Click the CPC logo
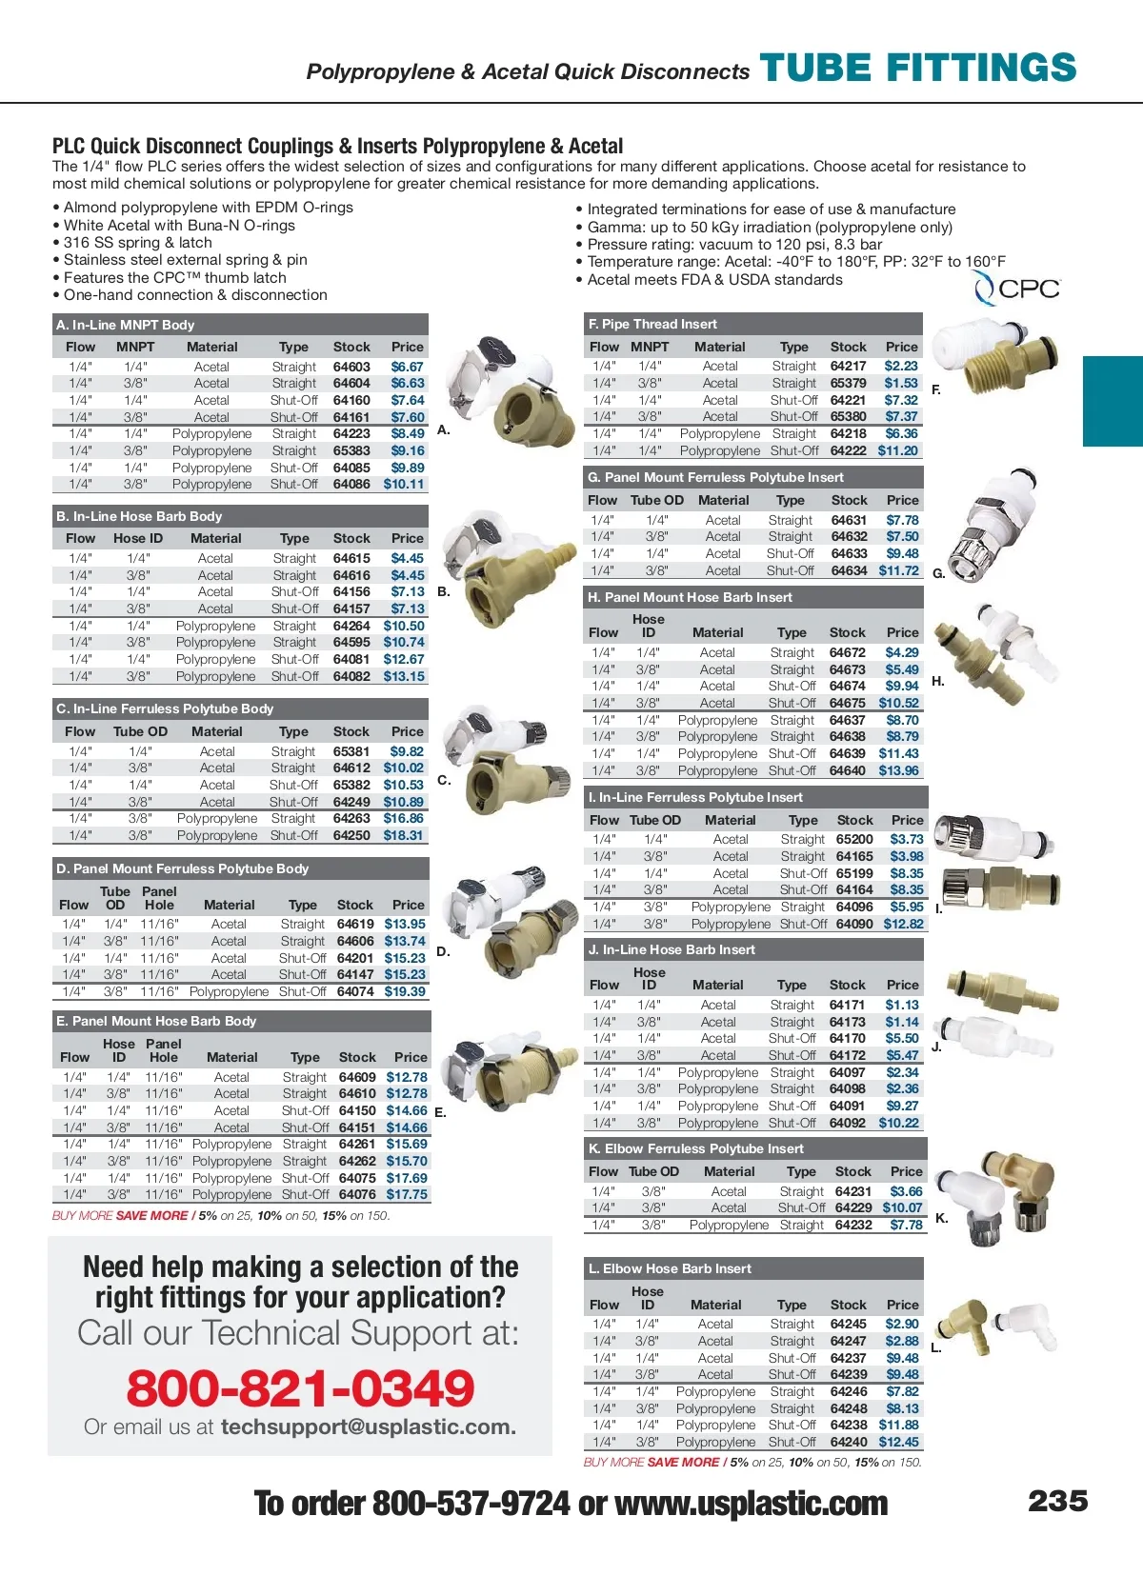pos(1016,288)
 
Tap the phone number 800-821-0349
pos(300,1387)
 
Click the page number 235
pos(1057,1501)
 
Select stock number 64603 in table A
pos(351,367)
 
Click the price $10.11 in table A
pos(404,484)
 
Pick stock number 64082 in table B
pos(351,676)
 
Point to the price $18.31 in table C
pos(404,835)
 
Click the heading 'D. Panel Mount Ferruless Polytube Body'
pos(182,868)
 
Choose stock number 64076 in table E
pos(357,1194)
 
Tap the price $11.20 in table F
pos(897,450)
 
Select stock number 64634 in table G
pos(849,570)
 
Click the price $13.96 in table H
pos(898,770)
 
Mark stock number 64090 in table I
pos(854,924)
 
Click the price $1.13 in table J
pos(902,1005)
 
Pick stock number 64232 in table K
pos(853,1225)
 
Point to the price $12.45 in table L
pos(898,1442)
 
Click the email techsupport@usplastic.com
pos(368,1426)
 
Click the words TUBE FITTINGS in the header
pos(918,69)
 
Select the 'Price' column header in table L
pos(902,1305)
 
